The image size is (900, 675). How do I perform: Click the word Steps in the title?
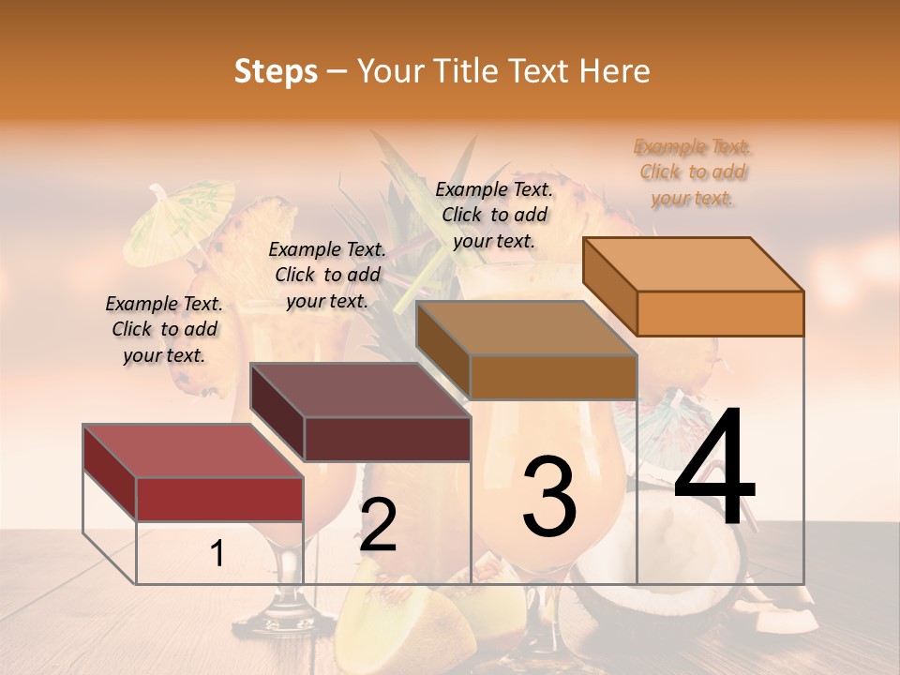coord(276,71)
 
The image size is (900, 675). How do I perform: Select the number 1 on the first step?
coord(217,554)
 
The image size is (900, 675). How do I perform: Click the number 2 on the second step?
coord(378,525)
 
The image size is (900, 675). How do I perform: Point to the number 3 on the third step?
coord(549,496)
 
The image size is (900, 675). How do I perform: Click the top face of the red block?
coord(192,451)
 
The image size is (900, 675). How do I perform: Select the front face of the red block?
coord(219,499)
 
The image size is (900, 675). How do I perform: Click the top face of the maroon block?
coord(359,390)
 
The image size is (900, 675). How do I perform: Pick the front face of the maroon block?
coord(386,439)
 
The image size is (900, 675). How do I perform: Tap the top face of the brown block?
coord(526,328)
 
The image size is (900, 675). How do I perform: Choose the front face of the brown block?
coord(553,377)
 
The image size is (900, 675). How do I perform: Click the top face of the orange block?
coord(693,264)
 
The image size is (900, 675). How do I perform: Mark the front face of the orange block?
coord(720,313)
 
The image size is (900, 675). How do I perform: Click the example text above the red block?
coord(164,329)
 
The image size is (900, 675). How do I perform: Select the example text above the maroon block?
coord(327,275)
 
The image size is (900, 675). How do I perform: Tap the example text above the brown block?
coord(494,215)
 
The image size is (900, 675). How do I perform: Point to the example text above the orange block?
coord(693,172)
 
